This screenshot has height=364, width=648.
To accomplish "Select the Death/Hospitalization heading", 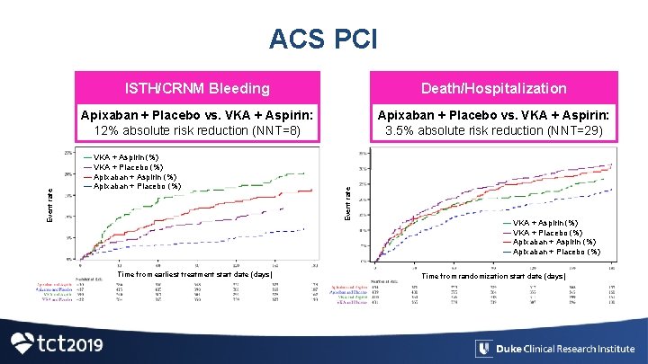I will pyautogui.click(x=495, y=88).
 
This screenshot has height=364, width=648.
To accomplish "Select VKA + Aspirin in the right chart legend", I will pyautogui.click(x=544, y=222).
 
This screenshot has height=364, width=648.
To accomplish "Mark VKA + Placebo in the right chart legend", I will pyautogui.click(x=546, y=232).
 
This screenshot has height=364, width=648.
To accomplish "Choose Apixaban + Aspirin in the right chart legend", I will pyautogui.click(x=553, y=242).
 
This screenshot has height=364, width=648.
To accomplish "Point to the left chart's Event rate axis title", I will pyautogui.click(x=51, y=205).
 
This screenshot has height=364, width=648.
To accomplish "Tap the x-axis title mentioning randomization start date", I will pyautogui.click(x=493, y=276).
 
